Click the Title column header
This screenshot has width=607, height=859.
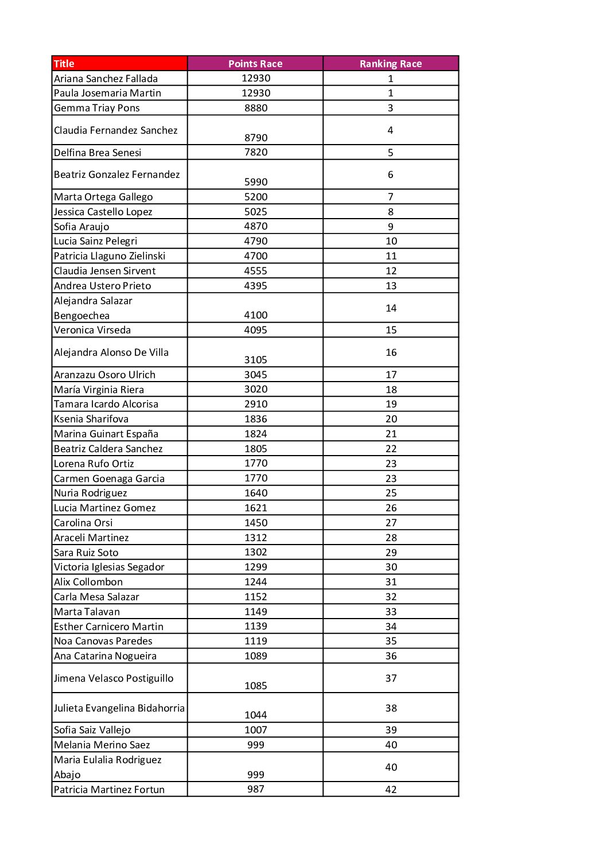[64, 64]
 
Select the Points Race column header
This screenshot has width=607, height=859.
[255, 64]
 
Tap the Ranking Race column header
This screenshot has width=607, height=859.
[391, 64]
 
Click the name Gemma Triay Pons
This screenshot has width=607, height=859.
[97, 108]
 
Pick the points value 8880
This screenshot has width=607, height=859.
[256, 108]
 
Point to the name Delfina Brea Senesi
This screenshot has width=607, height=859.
[98, 153]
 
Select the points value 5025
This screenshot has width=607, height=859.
[256, 212]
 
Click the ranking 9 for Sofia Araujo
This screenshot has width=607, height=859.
[391, 227]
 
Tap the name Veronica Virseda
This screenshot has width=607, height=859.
[92, 330]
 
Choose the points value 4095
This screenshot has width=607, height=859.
[256, 330]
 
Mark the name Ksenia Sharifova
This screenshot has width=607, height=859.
[91, 419]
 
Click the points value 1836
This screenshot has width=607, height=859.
[256, 419]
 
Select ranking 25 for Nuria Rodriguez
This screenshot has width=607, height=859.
[391, 493]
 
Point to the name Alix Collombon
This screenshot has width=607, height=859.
[88, 582]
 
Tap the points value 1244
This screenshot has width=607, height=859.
[256, 582]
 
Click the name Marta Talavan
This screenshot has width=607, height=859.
[87, 612]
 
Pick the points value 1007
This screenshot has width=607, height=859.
[256, 730]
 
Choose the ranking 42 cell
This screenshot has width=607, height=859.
[391, 790]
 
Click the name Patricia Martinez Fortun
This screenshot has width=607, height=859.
[110, 790]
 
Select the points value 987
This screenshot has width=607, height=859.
[256, 789]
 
